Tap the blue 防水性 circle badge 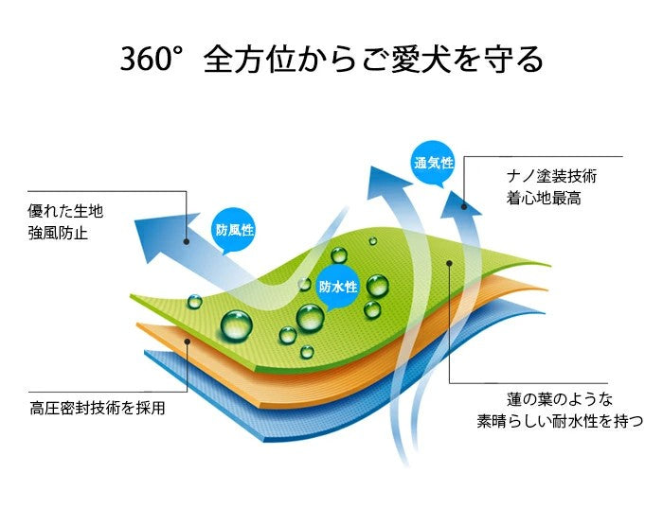[338, 287]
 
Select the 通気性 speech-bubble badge [434, 164]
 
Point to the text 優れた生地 [64, 210]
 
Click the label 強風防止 [58, 233]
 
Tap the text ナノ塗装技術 [552, 176]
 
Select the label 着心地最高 [544, 199]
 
